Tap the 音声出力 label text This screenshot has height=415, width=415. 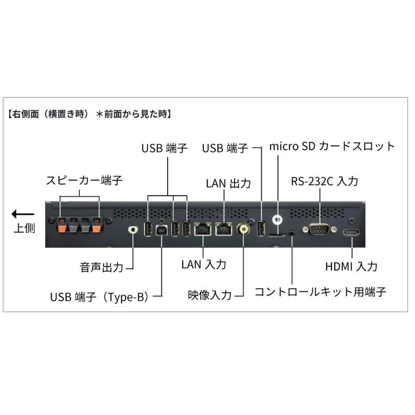(x=102, y=268)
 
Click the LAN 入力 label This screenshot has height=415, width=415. (x=204, y=264)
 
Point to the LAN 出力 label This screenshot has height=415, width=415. (x=228, y=183)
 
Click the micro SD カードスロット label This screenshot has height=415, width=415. (x=332, y=146)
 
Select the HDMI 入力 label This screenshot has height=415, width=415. (x=351, y=267)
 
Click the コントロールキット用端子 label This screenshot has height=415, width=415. (x=320, y=292)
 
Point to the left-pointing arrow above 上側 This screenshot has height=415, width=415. (x=23, y=214)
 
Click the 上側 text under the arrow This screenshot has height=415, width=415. (x=24, y=228)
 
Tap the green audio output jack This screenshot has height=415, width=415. (x=134, y=229)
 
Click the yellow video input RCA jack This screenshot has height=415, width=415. (x=242, y=229)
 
